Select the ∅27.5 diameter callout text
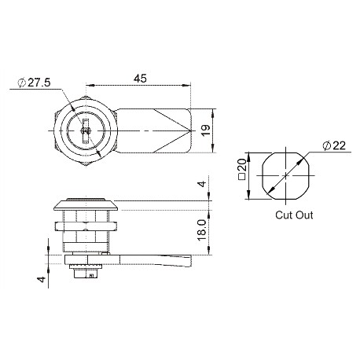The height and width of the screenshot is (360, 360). [x=35, y=83]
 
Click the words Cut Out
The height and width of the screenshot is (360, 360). [x=293, y=214]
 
